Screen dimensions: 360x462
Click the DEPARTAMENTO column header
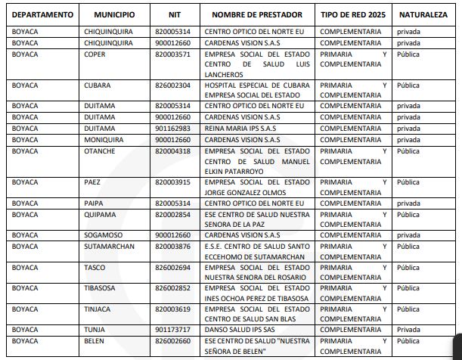43,14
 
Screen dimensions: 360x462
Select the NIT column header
175,14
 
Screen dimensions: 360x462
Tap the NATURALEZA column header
420,14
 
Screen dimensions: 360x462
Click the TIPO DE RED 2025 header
353,14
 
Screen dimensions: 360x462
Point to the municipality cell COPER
95,54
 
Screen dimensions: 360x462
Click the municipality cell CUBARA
98,85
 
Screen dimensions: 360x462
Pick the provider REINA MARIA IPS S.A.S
241,129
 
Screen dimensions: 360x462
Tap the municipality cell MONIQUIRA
104,139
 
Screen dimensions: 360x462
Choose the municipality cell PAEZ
92,182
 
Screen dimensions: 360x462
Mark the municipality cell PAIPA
94,203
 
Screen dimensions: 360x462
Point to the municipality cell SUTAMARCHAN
109,246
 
